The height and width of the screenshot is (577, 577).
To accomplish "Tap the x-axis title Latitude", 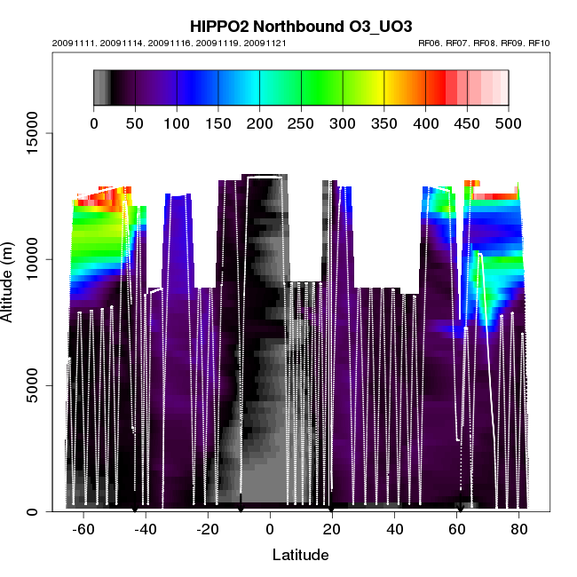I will [x=300, y=556].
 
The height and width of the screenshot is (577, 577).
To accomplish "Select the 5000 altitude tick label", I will [x=33, y=385].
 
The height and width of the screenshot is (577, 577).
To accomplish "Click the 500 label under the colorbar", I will [x=509, y=123].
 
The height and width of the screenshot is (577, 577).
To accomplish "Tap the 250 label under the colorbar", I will [x=301, y=123].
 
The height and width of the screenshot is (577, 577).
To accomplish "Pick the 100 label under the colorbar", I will [x=177, y=123].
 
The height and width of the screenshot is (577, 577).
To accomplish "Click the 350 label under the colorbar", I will [x=384, y=123].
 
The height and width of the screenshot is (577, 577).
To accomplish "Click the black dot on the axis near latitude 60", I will [x=460, y=509].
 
